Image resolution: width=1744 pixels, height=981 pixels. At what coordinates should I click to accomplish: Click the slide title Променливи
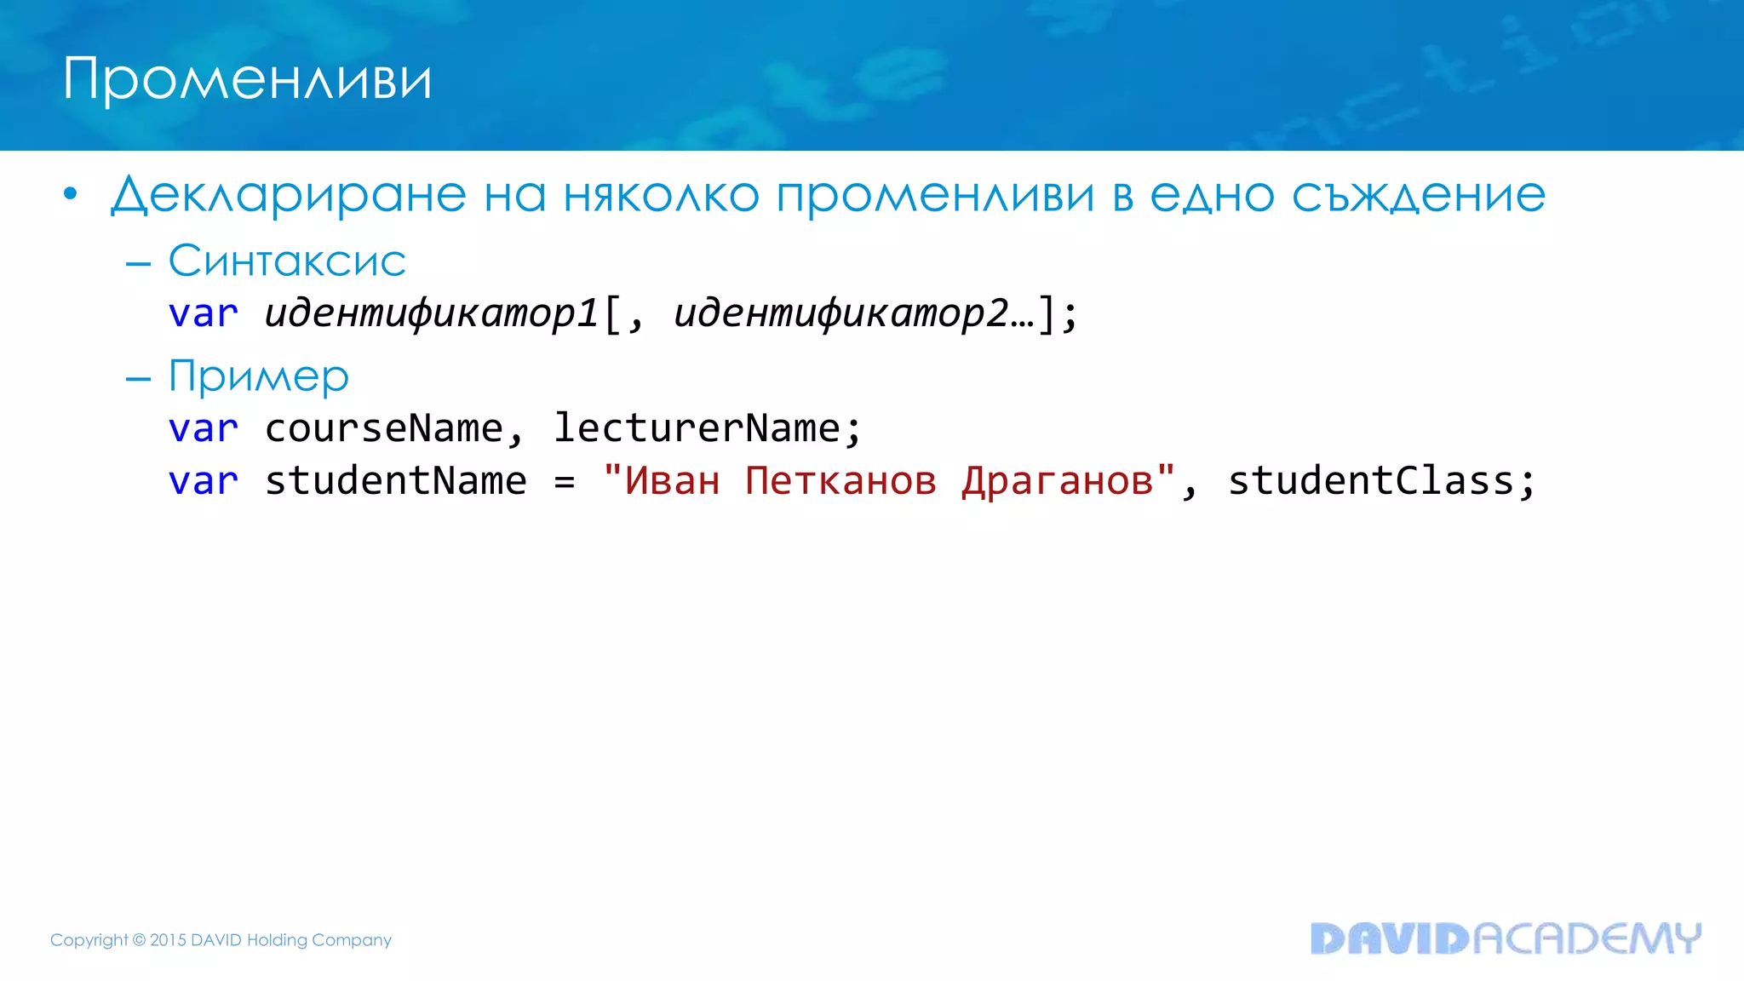coord(247,79)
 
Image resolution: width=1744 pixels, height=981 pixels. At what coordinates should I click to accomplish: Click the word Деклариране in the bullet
coord(289,195)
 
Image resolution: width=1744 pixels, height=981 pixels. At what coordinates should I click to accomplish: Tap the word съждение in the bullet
coord(1418,195)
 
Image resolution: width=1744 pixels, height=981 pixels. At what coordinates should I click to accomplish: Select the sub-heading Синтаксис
coord(287,261)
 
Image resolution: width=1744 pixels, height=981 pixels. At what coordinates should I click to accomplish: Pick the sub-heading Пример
coord(259,376)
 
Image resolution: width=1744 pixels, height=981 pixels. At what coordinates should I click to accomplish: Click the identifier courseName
coord(384,428)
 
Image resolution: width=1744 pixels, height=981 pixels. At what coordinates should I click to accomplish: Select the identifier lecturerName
coord(697,428)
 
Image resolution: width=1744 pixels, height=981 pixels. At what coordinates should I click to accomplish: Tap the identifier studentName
coord(396,481)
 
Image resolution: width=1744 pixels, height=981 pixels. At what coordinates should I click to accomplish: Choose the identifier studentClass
coord(1371,481)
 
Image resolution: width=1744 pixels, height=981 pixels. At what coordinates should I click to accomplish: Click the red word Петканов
coord(840,481)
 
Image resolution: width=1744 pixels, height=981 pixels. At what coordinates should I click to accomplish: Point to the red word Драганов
coord(1058,481)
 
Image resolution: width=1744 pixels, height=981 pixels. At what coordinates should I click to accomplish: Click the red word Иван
coord(672,481)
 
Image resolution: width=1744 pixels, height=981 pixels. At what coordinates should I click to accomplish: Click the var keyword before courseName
coord(203,428)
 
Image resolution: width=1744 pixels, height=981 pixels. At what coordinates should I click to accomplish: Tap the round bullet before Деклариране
coord(71,195)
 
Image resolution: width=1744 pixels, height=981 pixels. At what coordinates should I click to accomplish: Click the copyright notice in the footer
coord(221,940)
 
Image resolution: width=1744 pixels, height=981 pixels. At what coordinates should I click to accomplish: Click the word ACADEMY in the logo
coord(1586,938)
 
